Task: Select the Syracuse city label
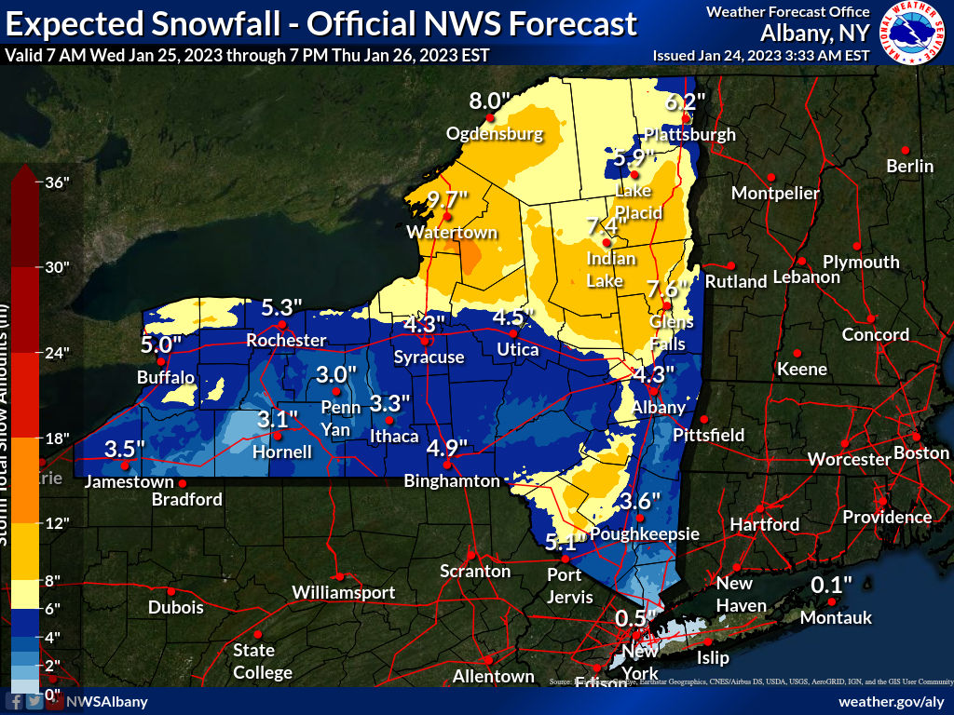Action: click(429, 357)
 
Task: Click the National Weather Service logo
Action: click(912, 34)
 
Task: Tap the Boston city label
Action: click(920, 453)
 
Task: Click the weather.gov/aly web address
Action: click(892, 701)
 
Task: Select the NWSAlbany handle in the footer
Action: click(106, 701)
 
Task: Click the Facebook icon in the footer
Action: click(16, 701)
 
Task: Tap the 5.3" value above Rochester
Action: click(282, 307)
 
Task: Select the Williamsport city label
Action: click(344, 592)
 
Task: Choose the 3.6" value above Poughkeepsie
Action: click(640, 501)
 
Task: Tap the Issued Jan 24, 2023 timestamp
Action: click(761, 55)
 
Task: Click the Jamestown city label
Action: click(129, 482)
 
